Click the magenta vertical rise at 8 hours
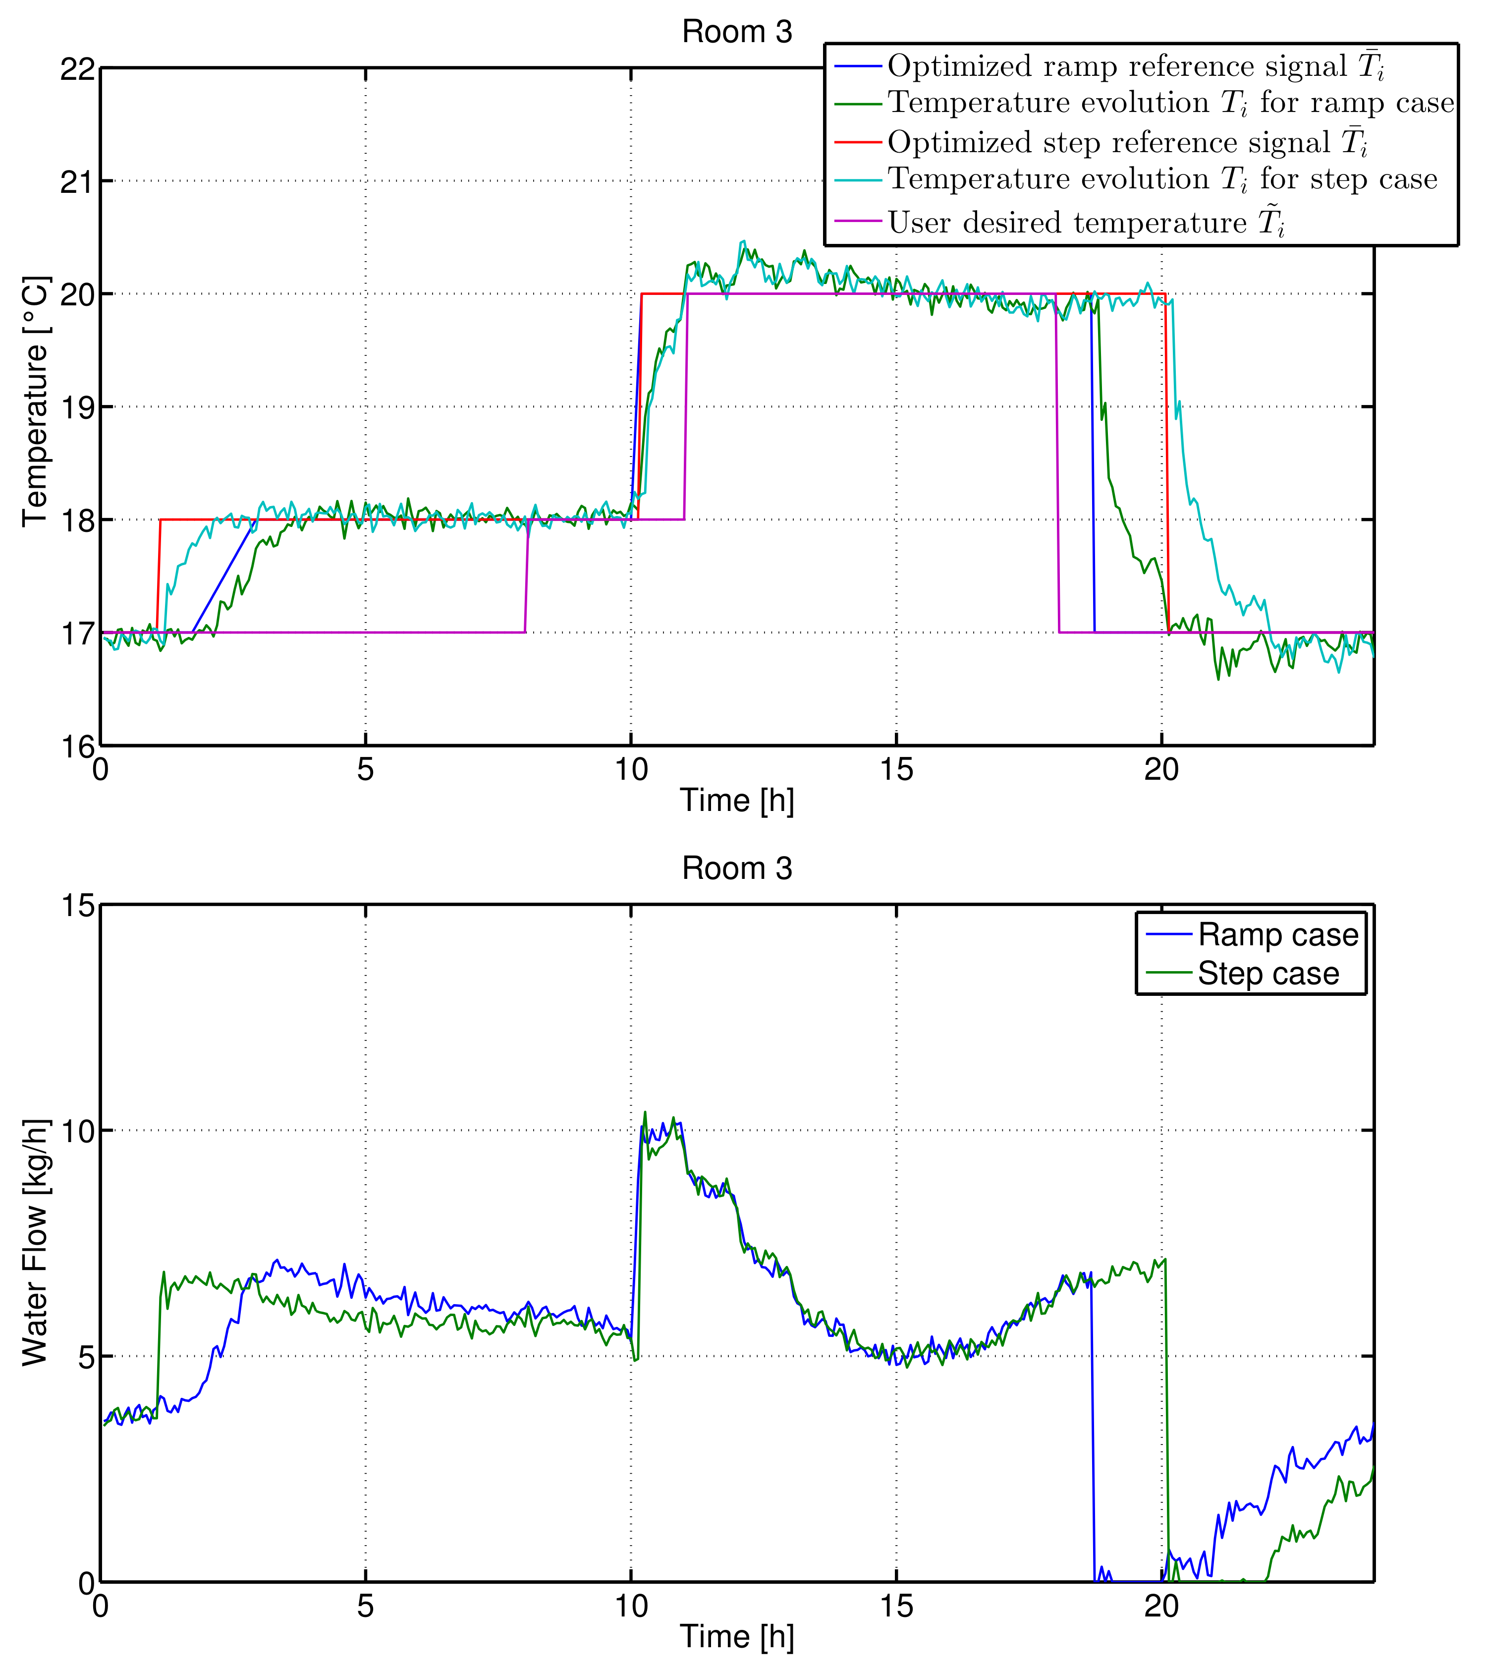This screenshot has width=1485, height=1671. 526,576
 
